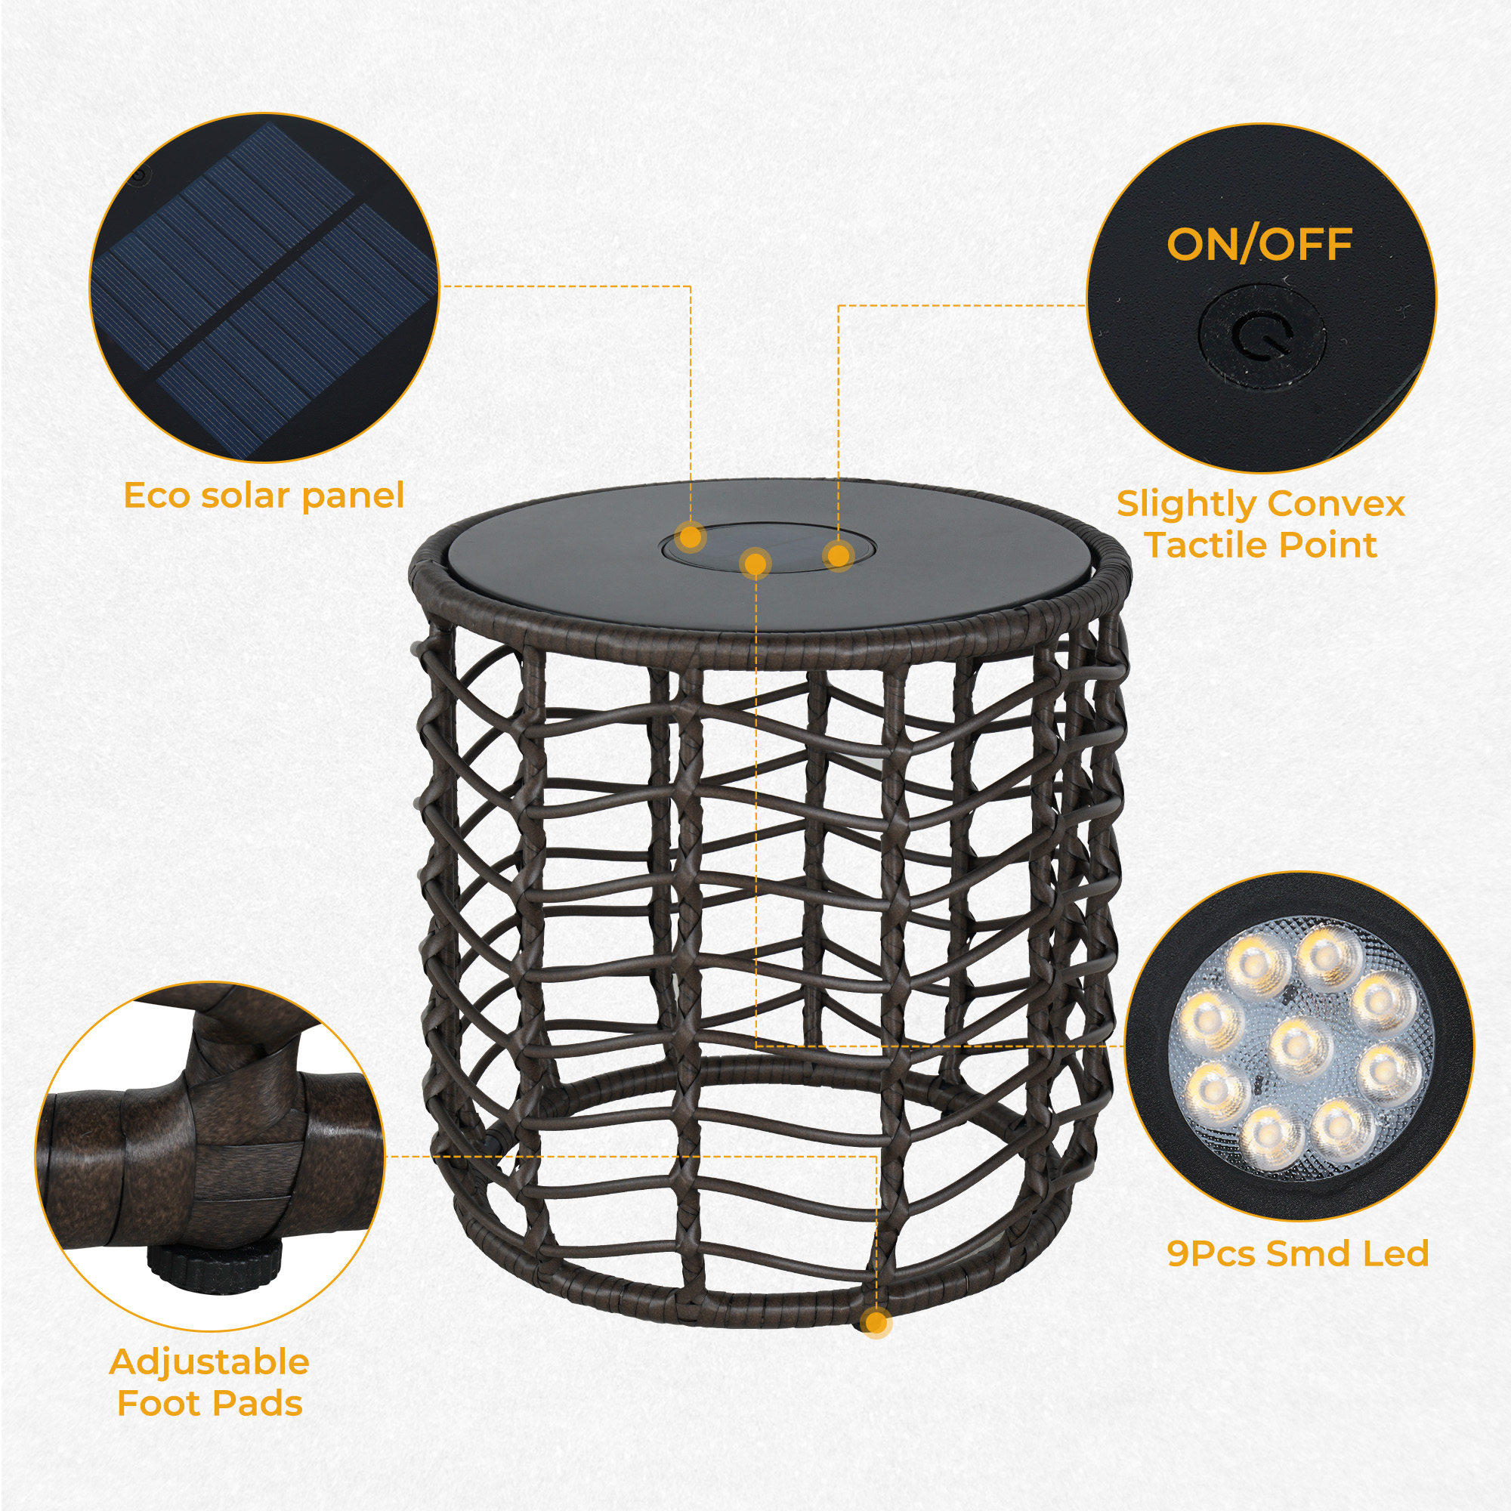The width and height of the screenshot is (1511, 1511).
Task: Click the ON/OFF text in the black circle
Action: click(x=1259, y=245)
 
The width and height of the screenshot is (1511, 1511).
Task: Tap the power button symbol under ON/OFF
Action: click(x=1262, y=337)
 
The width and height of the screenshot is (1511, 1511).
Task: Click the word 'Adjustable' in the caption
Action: click(x=209, y=1361)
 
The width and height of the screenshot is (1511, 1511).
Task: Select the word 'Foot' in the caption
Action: click(x=156, y=1404)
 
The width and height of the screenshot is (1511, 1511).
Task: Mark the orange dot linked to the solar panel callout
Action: click(x=690, y=537)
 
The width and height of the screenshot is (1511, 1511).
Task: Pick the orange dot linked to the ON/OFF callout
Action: click(x=838, y=556)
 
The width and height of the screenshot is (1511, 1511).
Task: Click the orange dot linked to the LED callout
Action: click(x=755, y=562)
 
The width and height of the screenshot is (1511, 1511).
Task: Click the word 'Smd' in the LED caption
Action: click(x=1310, y=1253)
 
